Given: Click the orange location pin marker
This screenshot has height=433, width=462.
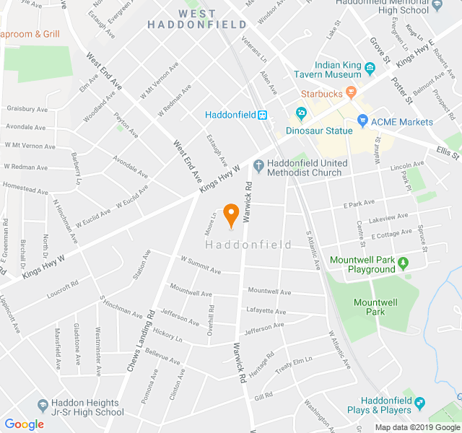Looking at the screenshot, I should [x=231, y=215].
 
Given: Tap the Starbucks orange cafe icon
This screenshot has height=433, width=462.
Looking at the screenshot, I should [x=352, y=92].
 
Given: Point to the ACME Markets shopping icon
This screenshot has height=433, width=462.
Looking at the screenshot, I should [x=363, y=121].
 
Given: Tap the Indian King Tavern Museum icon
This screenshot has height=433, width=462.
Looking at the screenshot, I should [x=370, y=69].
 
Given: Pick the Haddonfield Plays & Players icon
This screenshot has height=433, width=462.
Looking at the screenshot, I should [x=420, y=403].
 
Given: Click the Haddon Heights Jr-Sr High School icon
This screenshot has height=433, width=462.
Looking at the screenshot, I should [x=43, y=406].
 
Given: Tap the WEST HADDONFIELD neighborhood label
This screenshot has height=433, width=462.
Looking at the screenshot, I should [x=187, y=19].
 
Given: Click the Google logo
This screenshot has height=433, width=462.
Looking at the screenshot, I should [x=24, y=424].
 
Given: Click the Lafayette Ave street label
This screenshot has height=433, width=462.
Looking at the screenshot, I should [x=266, y=311].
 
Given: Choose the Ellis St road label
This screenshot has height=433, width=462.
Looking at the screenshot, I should [x=448, y=154].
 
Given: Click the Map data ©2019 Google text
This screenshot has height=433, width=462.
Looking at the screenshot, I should [x=417, y=427].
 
